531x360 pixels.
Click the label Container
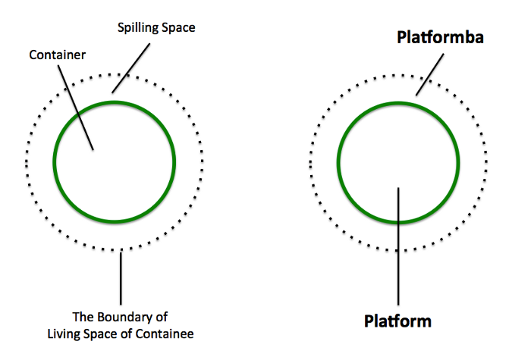click(56, 55)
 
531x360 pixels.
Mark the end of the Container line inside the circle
click(93, 149)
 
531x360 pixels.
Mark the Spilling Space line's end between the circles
click(113, 92)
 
